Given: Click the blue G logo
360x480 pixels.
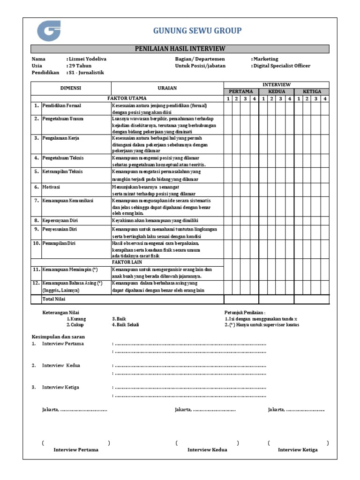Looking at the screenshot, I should tap(48, 31).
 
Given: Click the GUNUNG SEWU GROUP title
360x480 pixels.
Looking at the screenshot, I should tap(197, 31).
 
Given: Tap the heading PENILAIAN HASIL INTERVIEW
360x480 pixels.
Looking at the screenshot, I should tap(180, 49).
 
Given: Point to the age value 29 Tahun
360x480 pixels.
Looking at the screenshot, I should tap(80, 66).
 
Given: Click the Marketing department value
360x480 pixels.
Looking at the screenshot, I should tap(266, 59).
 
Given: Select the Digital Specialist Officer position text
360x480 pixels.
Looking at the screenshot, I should tap(282, 66).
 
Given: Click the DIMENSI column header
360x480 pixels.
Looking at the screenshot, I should tap(71, 88).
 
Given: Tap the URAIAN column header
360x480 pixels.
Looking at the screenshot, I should tap(167, 88).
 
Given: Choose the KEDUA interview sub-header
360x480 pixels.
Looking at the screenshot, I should tap(277, 91).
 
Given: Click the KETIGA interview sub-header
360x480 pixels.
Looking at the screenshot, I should tap(312, 91).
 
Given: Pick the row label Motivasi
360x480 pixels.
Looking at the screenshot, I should tap(52, 187).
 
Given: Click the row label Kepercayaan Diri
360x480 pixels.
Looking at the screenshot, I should tap(60, 220).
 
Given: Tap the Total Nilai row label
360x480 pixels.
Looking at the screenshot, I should tap(54, 299).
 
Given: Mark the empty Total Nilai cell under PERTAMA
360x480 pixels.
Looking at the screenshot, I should tap(241, 299).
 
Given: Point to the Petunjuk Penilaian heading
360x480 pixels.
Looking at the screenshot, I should tap(245, 312).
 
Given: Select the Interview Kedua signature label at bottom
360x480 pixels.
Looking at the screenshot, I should tap(207, 450).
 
